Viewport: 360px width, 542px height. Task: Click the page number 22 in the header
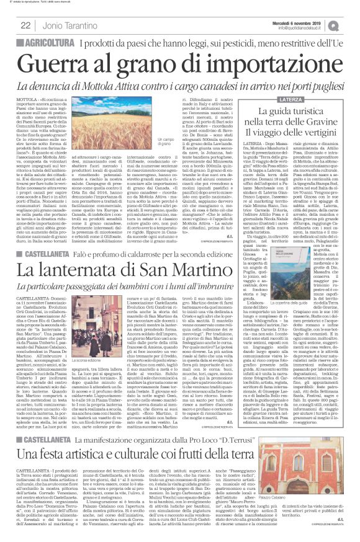(26, 25)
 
